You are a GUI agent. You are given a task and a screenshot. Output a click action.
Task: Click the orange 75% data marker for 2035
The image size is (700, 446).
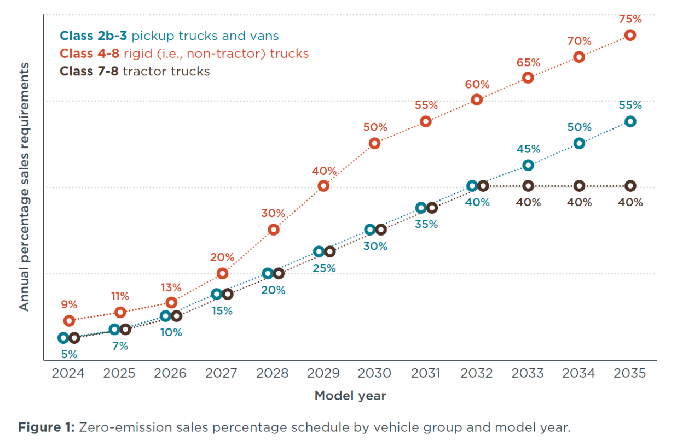[630, 35]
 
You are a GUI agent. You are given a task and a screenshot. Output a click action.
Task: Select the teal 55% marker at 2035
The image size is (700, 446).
[630, 121]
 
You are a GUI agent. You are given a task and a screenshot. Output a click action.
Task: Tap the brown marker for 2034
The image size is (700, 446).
[579, 186]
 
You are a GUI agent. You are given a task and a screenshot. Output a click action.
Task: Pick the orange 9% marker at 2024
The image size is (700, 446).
[69, 320]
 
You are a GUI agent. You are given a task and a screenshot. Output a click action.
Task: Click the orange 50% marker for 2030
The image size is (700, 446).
[374, 143]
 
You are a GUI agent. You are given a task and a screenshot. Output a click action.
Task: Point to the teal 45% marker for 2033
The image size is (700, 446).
[528, 165]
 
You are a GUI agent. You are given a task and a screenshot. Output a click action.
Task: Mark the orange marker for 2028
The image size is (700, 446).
[274, 230]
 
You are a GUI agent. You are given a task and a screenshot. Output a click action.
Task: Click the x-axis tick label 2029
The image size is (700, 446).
[323, 373]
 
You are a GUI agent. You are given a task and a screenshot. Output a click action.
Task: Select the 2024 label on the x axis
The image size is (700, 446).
[68, 373]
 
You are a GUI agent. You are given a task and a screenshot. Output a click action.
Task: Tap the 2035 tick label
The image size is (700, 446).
[629, 373]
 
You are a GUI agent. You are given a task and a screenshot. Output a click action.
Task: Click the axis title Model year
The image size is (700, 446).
[350, 396]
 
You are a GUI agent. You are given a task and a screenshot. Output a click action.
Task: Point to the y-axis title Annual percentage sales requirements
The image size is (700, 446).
[24, 186]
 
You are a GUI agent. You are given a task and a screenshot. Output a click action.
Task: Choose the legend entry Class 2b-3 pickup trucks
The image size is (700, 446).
[169, 36]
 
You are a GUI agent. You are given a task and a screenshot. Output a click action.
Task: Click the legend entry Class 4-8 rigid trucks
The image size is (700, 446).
[184, 54]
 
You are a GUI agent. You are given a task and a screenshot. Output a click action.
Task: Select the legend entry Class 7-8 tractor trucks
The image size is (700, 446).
[135, 71]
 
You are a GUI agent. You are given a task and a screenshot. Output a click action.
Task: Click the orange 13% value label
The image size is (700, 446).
[171, 287]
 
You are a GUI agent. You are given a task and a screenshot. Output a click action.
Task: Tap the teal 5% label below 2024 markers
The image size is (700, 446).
[69, 354]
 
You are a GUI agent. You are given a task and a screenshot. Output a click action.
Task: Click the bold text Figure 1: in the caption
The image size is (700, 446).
[46, 427]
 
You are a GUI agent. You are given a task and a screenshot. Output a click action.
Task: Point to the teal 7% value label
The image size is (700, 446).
[120, 345]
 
